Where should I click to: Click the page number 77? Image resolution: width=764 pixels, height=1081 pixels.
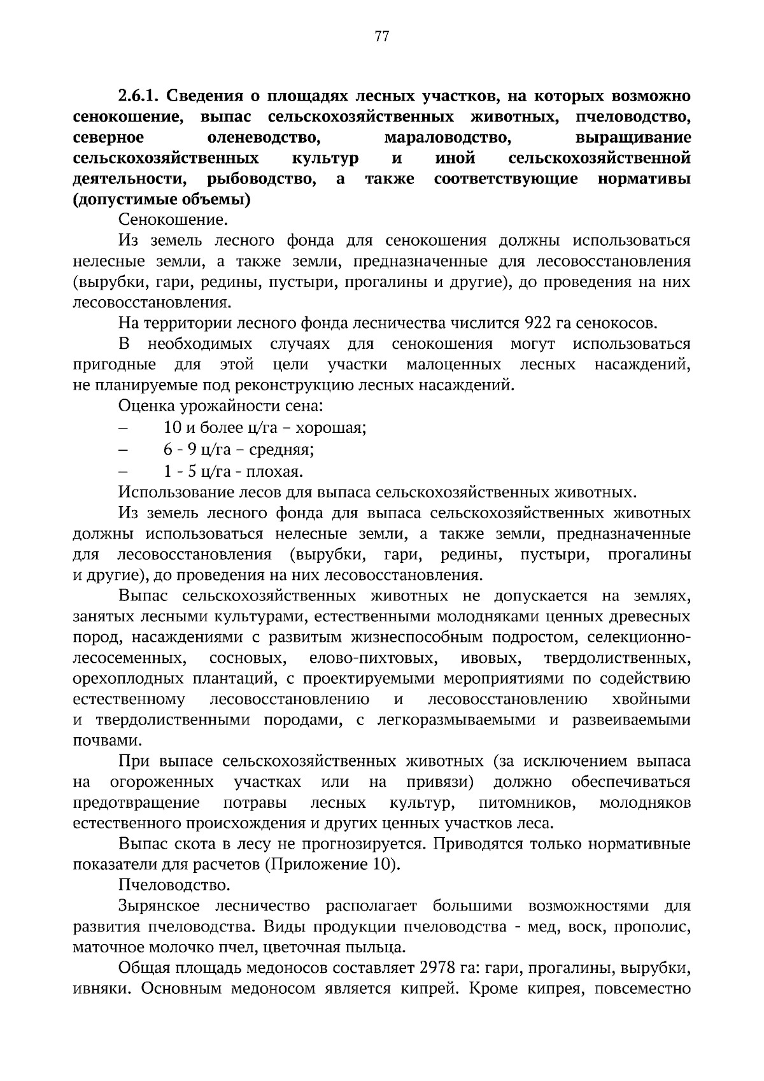382,36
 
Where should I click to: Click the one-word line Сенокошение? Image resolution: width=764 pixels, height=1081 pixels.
173,220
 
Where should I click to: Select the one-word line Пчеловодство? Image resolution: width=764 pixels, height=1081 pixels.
174,885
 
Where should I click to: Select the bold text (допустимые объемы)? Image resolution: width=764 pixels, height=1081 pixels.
162,200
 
